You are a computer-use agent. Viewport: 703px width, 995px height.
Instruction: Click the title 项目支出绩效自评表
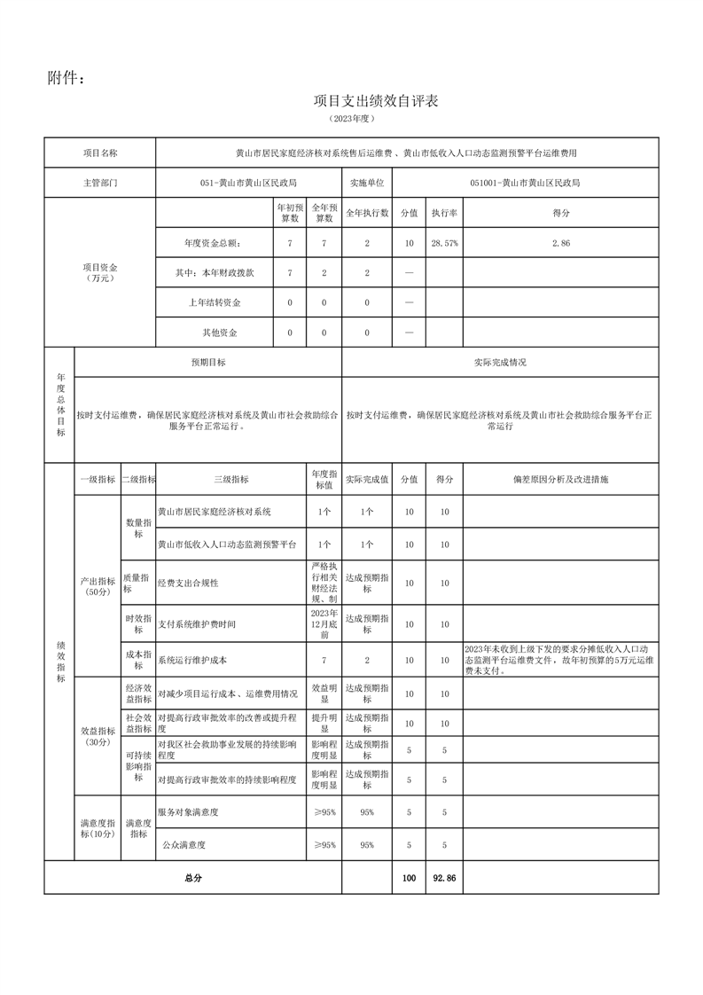(376, 101)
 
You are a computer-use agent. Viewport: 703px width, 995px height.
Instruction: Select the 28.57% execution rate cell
(444, 243)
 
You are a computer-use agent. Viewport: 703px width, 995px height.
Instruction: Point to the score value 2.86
(560, 243)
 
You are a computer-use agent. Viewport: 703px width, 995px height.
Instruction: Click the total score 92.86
(444, 878)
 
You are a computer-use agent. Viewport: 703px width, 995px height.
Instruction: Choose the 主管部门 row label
(99, 182)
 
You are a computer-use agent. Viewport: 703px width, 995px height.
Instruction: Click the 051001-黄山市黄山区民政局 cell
(525, 182)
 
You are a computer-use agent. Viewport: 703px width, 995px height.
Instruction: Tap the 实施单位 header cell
(366, 182)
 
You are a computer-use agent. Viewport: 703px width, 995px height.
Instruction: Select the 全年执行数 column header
(366, 213)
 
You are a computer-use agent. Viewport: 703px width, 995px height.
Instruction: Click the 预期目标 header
(208, 363)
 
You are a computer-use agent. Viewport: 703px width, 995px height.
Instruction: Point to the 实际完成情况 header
(500, 363)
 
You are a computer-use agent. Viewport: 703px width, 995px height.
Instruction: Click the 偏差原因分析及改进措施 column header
(560, 479)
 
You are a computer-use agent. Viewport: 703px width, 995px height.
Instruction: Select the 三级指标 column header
(231, 479)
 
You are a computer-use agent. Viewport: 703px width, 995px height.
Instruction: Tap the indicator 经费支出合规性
(188, 583)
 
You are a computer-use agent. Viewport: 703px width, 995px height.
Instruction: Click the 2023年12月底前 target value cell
(324, 624)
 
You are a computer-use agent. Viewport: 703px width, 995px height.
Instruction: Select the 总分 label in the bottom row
(193, 878)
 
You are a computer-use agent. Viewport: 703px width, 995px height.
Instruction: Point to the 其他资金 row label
(214, 333)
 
